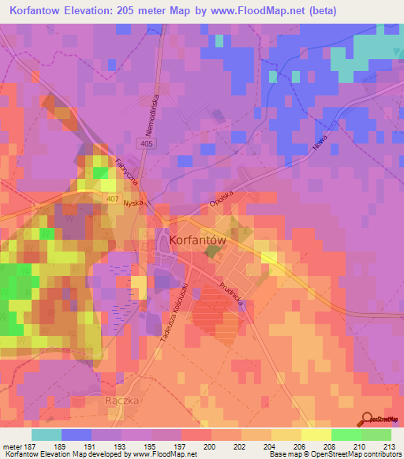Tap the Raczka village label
click(x=122, y=401)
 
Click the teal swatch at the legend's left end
click(x=46, y=435)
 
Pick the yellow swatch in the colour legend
click(x=316, y=435)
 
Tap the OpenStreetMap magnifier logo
click(x=368, y=419)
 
